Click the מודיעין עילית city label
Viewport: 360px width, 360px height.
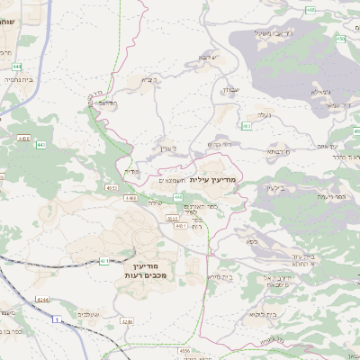click(x=213, y=179)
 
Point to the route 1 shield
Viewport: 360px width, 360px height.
click(x=58, y=319)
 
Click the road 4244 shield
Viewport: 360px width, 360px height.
click(x=42, y=299)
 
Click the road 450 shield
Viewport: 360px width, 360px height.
click(x=340, y=40)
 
